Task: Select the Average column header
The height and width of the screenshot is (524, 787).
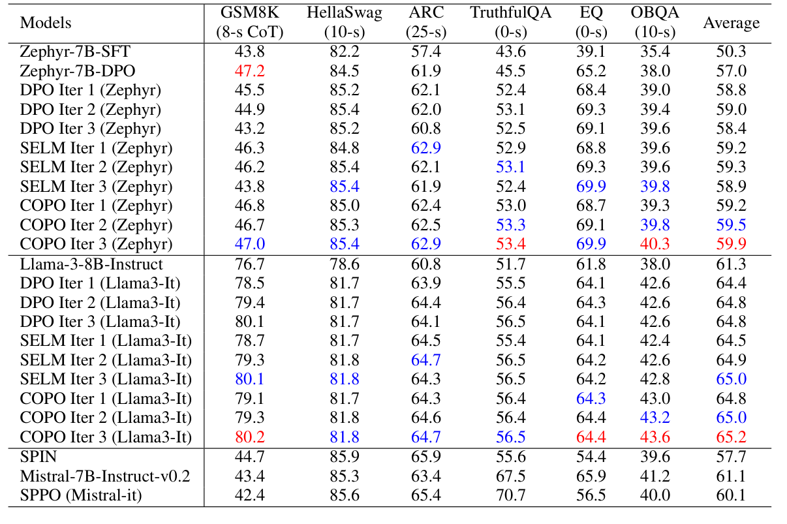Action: pyautogui.click(x=731, y=23)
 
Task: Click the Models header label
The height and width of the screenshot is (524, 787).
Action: pyautogui.click(x=46, y=23)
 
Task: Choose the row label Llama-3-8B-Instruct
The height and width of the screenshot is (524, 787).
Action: pyautogui.click(x=91, y=264)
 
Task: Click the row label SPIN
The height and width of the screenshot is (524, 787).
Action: pyautogui.click(x=39, y=457)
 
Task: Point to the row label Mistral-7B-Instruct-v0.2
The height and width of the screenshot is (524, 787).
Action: pyautogui.click(x=105, y=476)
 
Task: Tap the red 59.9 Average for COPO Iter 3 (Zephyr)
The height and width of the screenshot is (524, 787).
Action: pyautogui.click(x=731, y=245)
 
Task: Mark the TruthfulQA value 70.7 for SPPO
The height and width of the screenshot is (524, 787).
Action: pyautogui.click(x=510, y=495)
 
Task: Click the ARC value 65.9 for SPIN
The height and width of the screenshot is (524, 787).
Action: pyautogui.click(x=425, y=457)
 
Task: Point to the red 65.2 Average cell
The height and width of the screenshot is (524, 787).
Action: pyautogui.click(x=731, y=437)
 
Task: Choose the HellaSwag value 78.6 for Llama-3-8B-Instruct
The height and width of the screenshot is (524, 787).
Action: pyautogui.click(x=343, y=264)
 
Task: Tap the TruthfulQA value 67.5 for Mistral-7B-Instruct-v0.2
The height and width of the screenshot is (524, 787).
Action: pyautogui.click(x=510, y=476)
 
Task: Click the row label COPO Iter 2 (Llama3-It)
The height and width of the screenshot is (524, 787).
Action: pyautogui.click(x=106, y=418)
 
